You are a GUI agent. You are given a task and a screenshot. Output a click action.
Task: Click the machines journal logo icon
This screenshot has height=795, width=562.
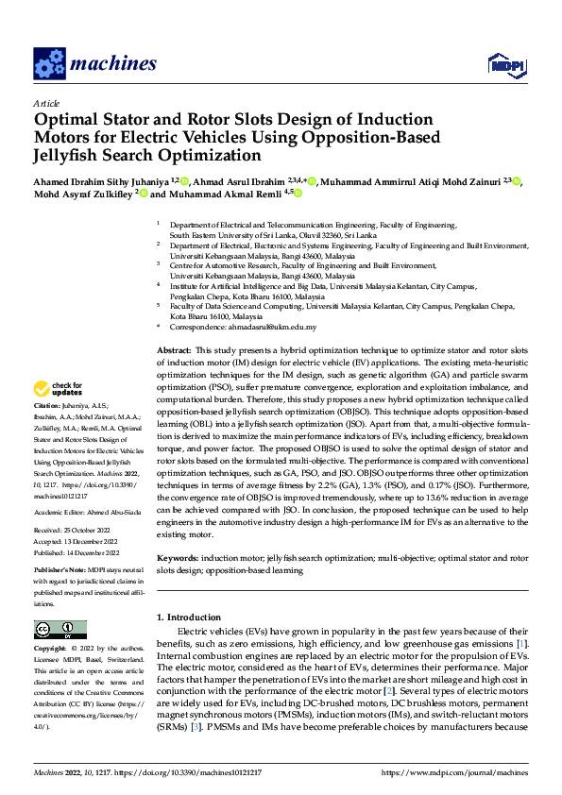(x=49, y=63)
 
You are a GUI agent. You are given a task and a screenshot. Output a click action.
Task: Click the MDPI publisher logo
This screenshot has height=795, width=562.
(x=503, y=64)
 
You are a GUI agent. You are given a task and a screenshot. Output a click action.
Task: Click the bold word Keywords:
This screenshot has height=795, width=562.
(x=179, y=558)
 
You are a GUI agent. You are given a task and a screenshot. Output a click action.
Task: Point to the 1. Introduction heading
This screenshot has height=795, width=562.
(x=188, y=617)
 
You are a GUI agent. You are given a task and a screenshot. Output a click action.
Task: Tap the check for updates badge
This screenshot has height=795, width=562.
(x=58, y=388)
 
